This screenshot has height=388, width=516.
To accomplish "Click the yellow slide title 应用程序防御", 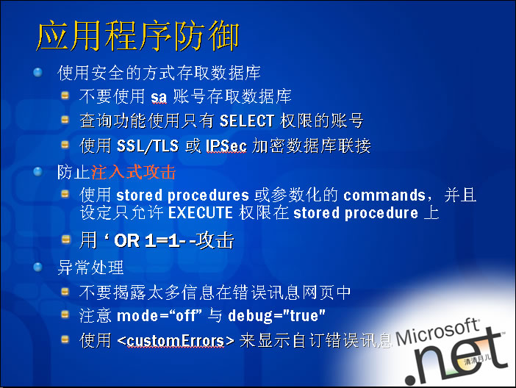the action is [x=137, y=36].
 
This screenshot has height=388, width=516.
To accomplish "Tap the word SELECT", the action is [x=247, y=121].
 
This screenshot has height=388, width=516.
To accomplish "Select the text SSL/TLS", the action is [x=148, y=145].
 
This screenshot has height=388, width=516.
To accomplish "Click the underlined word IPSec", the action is [x=226, y=145].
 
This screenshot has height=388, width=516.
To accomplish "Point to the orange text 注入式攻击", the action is [x=134, y=172].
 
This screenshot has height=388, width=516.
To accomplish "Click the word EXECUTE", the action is [x=201, y=212].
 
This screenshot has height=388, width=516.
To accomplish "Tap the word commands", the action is [x=384, y=195].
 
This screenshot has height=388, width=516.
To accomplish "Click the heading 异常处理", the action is [x=90, y=267].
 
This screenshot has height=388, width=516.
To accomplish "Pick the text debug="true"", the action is [x=276, y=316].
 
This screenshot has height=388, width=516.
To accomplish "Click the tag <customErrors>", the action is [x=176, y=341].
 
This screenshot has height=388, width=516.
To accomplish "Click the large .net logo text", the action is [x=456, y=359].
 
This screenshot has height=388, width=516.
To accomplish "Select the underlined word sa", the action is [x=159, y=97].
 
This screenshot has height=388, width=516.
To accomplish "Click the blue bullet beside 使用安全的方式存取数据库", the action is [x=37, y=72].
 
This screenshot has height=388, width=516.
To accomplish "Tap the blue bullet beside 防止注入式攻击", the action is [x=37, y=171].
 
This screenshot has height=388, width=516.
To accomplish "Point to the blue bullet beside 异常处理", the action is [x=37, y=267].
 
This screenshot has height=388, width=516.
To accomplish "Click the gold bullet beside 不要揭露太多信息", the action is [x=65, y=291].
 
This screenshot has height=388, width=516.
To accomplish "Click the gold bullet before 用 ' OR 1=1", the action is [x=66, y=240].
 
